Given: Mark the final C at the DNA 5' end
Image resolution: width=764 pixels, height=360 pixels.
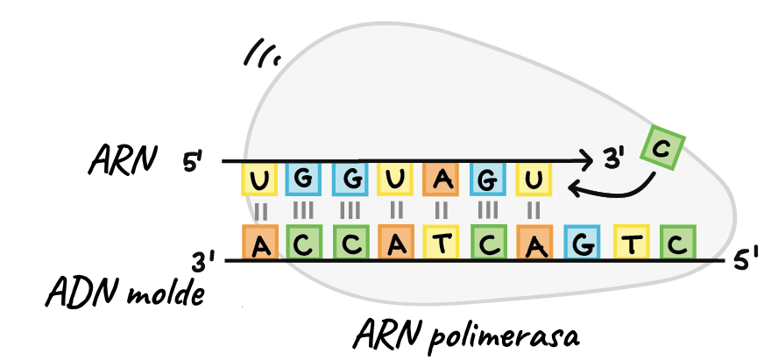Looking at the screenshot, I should [676, 243].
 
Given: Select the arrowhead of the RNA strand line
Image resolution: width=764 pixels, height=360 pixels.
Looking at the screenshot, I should [585, 161].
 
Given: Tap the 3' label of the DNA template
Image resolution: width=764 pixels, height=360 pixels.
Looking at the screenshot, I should [203, 261].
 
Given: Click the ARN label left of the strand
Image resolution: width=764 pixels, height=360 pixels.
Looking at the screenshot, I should [122, 160].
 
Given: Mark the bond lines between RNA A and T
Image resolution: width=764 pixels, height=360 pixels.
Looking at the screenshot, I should [442, 211].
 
